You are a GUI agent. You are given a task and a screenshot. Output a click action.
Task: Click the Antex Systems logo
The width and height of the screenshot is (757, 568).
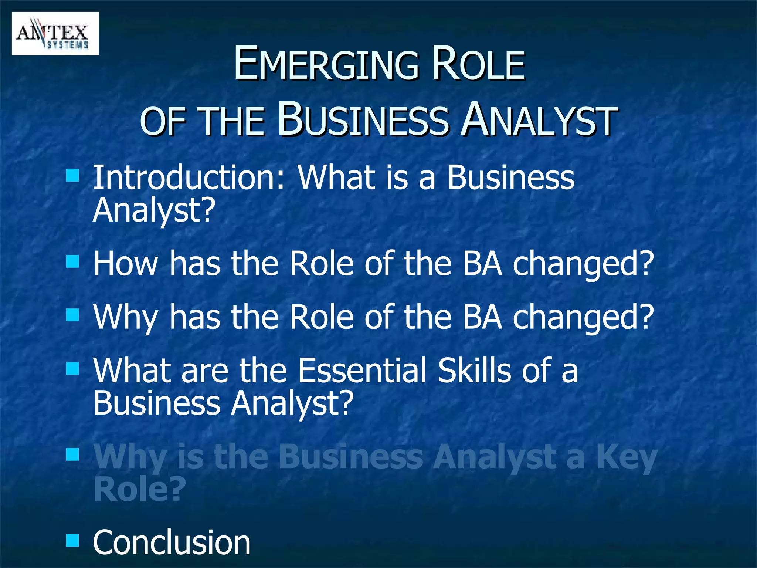pyautogui.click(x=55, y=34)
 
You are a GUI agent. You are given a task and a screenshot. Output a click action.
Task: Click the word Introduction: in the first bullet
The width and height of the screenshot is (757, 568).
pyautogui.click(x=189, y=178)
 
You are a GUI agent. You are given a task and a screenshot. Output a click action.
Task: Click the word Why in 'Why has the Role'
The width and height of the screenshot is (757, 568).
pyautogui.click(x=126, y=318)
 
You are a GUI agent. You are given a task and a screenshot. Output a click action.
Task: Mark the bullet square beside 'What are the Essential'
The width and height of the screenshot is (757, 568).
pyautogui.click(x=72, y=368)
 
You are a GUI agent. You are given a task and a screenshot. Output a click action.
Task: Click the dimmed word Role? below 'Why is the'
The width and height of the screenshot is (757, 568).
pyautogui.click(x=139, y=489)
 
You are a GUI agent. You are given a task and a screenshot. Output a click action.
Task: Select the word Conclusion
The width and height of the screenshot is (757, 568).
pyautogui.click(x=172, y=542)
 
